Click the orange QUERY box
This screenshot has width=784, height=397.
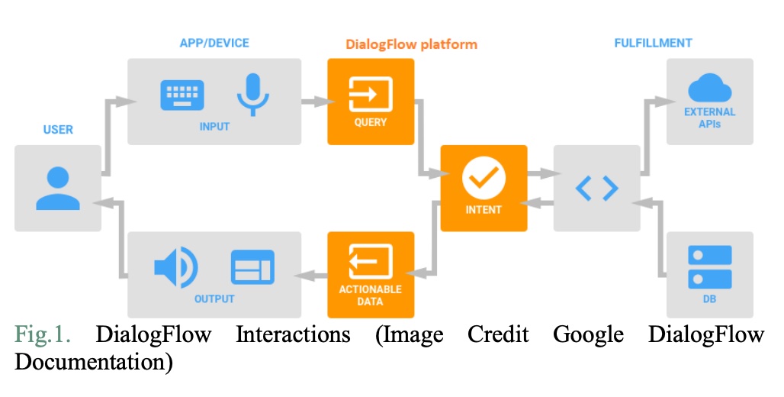tap(371, 101)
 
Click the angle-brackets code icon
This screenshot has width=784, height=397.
tap(596, 188)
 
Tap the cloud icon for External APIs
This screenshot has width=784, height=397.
tap(710, 89)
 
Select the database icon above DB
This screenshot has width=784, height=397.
tap(710, 267)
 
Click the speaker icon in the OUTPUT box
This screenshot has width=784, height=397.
tap(175, 267)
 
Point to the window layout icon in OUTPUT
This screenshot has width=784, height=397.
tap(252, 267)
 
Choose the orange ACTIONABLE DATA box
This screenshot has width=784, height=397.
tap(371, 275)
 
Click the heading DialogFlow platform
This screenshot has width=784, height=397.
tap(412, 44)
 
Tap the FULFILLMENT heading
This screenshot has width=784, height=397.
tap(654, 44)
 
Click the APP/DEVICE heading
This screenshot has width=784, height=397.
tap(214, 44)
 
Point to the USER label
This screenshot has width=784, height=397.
tap(58, 129)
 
